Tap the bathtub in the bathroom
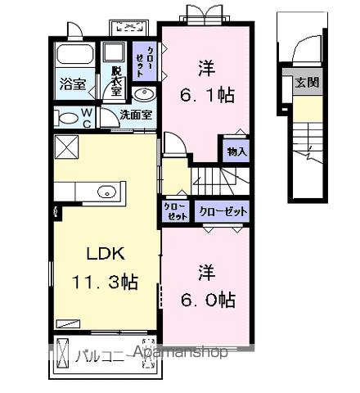click(x=73, y=57)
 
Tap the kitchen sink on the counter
click(x=106, y=192)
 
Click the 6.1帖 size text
click(x=206, y=95)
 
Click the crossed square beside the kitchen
click(x=65, y=148)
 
